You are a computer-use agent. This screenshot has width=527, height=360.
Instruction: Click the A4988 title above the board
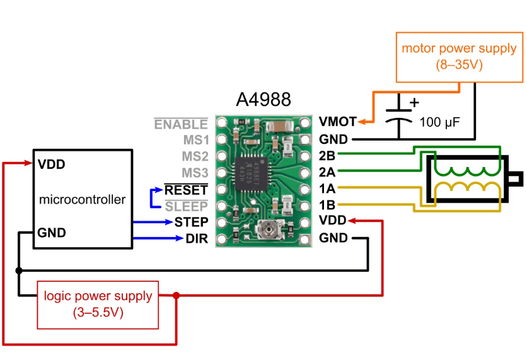[263, 100]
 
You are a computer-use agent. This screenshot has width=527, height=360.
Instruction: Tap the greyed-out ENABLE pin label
[181, 124]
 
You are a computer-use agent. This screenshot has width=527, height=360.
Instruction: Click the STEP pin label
[191, 222]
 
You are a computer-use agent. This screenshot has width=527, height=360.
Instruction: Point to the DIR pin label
[196, 238]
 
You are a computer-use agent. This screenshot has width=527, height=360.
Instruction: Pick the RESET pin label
[186, 189]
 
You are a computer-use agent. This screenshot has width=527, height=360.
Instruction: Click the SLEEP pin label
[187, 206]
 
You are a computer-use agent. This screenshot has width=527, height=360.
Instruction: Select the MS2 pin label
[195, 156]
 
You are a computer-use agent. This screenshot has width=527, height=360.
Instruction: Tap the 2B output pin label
[327, 155]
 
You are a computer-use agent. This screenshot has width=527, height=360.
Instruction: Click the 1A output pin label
[327, 188]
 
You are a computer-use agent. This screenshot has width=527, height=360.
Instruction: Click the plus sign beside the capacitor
[414, 102]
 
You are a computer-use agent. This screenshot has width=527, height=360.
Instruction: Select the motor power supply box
[459, 56]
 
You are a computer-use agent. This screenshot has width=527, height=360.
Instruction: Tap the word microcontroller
[82, 200]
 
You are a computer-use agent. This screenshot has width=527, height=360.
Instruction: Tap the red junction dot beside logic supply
[177, 295]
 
